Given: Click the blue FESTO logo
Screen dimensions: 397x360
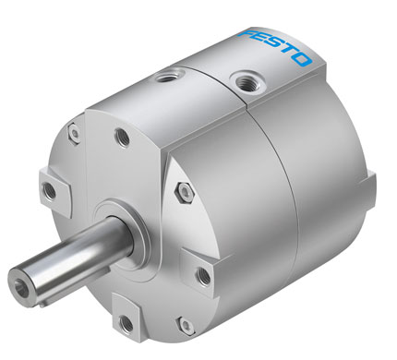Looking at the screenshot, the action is coord(275,47).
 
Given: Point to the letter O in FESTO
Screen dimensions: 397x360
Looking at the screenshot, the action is coord(302,60).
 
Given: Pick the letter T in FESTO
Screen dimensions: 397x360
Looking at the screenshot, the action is coord(288,53).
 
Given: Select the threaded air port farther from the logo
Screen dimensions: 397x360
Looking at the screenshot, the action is coord(169,76).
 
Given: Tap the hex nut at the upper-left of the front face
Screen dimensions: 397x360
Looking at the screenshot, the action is coord(74,134).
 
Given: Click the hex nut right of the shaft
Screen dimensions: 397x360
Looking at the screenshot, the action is coord(185,192).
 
